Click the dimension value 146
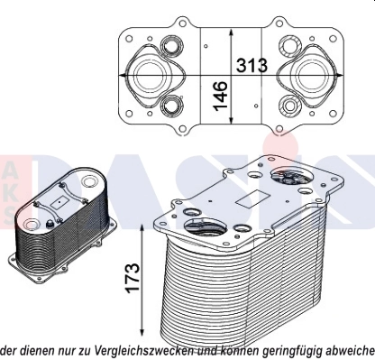(x=219, y=93)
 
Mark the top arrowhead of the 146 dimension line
(x=233, y=29)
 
